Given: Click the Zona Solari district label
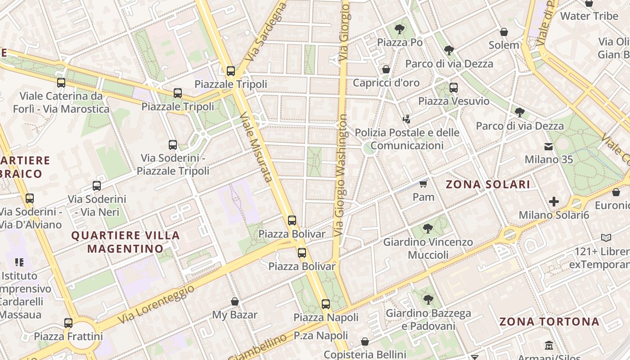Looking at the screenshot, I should click(x=488, y=184).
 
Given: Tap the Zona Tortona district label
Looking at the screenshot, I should click(x=549, y=322).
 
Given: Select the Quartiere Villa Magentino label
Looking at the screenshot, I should click(x=126, y=242).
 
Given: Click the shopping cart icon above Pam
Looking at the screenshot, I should click(x=423, y=183).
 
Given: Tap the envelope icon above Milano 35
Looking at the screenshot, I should click(x=549, y=146).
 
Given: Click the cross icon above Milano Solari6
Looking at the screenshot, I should click(x=554, y=202).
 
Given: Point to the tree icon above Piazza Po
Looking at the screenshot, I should click(x=399, y=29).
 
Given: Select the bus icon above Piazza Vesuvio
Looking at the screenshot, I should click(x=454, y=88).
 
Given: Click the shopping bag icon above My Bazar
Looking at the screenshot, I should click(x=234, y=301).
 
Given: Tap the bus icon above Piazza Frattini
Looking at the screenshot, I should click(x=68, y=323).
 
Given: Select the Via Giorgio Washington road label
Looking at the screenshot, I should click(x=342, y=175).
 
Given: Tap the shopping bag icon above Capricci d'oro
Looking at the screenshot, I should click(x=386, y=69).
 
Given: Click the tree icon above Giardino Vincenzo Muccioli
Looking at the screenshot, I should click(x=428, y=229).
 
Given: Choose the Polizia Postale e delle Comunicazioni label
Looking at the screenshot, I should click(x=407, y=139).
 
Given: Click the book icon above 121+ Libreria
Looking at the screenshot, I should click(x=606, y=238).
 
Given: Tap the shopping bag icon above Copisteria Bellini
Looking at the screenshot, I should click(x=365, y=342).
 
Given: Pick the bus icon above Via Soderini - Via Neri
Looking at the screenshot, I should click(x=97, y=185).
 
